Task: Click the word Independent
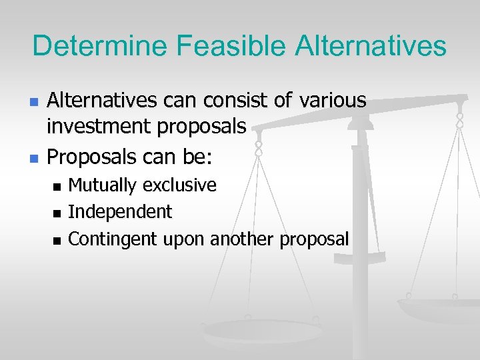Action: [120, 212]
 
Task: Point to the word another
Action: [244, 239]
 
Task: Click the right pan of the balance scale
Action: [437, 310]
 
